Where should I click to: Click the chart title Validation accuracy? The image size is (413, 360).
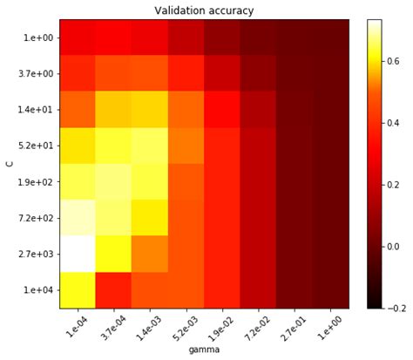pos(204,10)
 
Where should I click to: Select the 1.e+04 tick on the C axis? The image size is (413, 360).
pos(36,290)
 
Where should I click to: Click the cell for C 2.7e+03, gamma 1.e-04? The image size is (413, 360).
pos(78,254)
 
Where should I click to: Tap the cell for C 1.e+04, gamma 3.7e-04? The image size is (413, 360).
pos(113,290)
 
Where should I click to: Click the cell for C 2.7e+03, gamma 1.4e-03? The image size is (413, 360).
pos(150,254)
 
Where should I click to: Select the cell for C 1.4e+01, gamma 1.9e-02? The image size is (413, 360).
pos(222,110)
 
